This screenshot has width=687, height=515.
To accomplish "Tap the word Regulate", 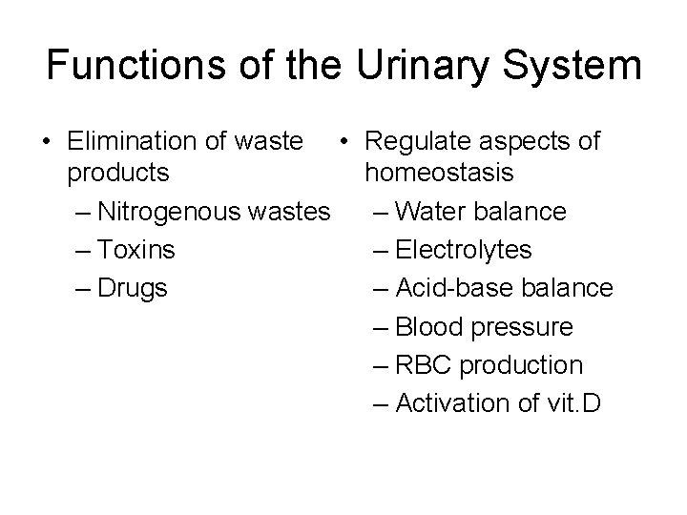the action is pos(413,141).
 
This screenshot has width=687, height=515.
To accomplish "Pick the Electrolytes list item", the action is pos(463,250).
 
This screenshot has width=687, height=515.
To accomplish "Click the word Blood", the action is pos(427,327).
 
